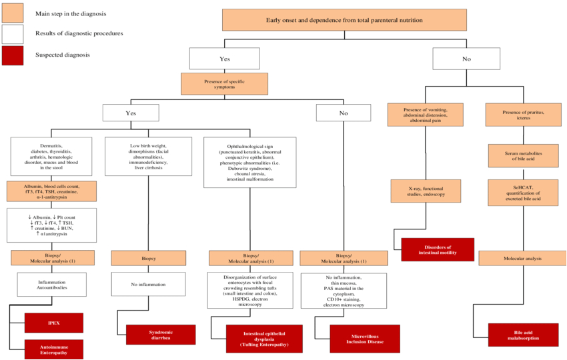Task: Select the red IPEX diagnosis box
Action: pos(54,323)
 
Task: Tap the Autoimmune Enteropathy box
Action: pos(54,348)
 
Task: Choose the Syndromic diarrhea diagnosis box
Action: pos(161,334)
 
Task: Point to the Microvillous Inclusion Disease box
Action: pos(365,338)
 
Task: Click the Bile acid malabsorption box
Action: pos(522,334)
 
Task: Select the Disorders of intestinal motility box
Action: pos(438,249)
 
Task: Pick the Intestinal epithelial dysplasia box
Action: pos(263,338)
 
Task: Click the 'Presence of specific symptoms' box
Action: pos(224,83)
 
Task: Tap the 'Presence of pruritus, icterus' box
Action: pos(524,115)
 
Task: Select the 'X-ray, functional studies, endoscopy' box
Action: pos(426,191)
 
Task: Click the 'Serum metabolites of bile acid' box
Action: pos(524,156)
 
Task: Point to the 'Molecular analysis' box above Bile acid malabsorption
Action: pos(524,257)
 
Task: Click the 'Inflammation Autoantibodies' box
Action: pos(51,285)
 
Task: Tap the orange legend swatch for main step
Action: pos(13,13)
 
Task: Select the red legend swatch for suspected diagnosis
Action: pos(13,55)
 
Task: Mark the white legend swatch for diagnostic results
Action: pos(13,33)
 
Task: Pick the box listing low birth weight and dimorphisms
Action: pos(148,156)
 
